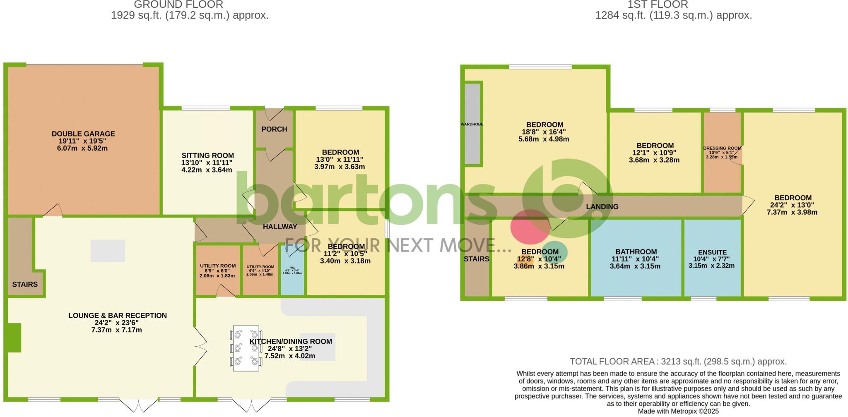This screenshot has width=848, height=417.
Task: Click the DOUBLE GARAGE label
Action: pyautogui.click(x=83, y=134)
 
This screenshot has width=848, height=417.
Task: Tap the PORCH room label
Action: pyautogui.click(x=274, y=129)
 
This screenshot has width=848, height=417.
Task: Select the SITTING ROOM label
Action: pyautogui.click(x=207, y=156)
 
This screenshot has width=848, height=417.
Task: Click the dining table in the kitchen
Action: pyautogui.click(x=246, y=348)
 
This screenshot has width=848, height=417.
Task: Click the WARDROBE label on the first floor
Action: pyautogui.click(x=472, y=124)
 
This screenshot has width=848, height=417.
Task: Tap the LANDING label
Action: pyautogui.click(x=602, y=206)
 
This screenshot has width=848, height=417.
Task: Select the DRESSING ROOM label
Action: pyautogui.click(x=722, y=148)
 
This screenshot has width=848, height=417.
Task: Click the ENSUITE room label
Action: pyautogui.click(x=712, y=252)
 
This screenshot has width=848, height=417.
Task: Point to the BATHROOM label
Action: pyautogui.click(x=636, y=252)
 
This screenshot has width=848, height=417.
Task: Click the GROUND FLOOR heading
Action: pyautogui.click(x=179, y=5)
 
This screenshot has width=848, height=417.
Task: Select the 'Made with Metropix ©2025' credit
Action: pyautogui.click(x=678, y=411)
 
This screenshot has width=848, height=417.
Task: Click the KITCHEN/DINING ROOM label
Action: pyautogui.click(x=291, y=341)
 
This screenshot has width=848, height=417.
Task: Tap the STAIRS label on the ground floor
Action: pyautogui.click(x=25, y=284)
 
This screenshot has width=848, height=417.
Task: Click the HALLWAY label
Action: pyautogui.click(x=280, y=227)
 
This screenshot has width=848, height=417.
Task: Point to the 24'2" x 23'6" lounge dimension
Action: pyautogui.click(x=118, y=323)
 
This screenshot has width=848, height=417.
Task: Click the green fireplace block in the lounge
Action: pyautogui.click(x=14, y=338)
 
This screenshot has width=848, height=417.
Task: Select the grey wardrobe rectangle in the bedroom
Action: pyautogui.click(x=472, y=124)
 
